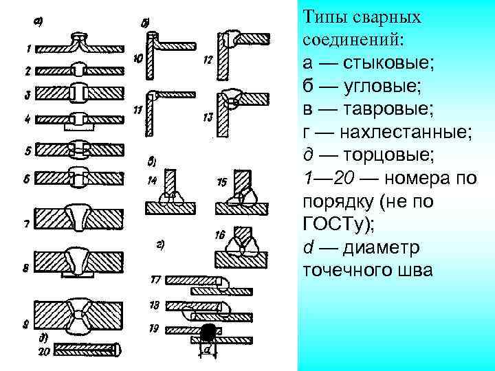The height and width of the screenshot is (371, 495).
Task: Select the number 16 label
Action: point(220,235)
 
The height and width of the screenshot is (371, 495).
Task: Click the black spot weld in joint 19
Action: point(207,334)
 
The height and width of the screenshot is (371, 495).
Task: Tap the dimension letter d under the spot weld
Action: point(207,350)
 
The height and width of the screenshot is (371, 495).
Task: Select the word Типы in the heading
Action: point(322,17)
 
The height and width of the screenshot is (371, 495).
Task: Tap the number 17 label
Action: point(155,280)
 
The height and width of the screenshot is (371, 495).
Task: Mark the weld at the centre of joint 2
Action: point(80,70)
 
